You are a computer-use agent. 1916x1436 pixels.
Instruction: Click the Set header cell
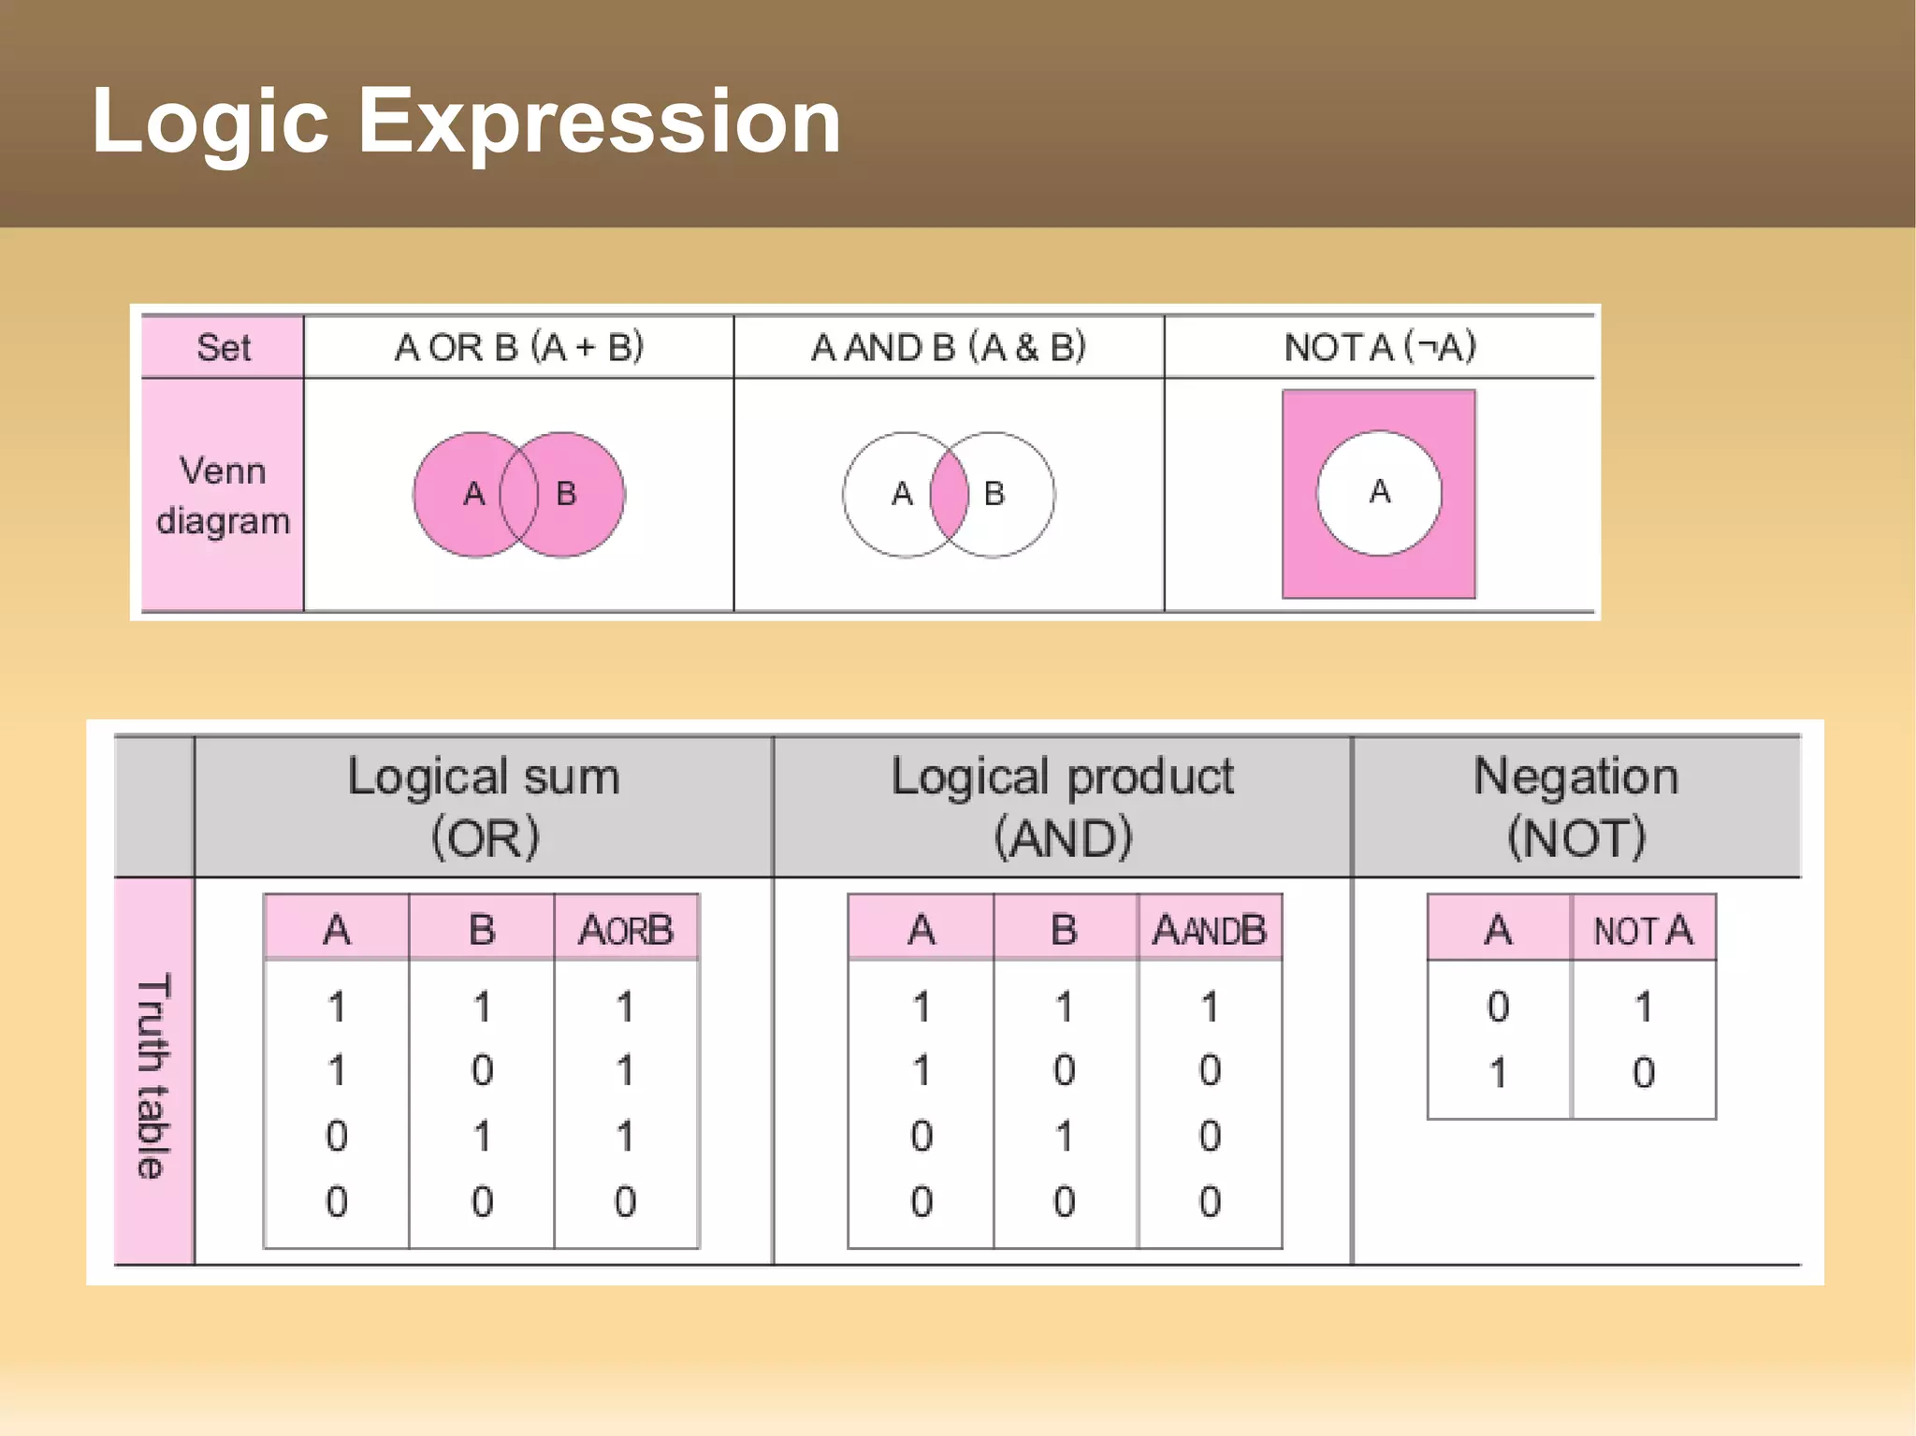point(223,347)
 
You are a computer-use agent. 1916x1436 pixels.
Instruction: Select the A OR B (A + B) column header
point(519,347)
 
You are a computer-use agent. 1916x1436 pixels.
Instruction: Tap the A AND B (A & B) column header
point(948,347)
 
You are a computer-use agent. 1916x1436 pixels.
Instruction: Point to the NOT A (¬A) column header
point(1380,347)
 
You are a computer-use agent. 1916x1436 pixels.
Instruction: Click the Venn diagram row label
point(223,496)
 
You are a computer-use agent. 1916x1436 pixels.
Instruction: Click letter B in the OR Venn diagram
point(566,493)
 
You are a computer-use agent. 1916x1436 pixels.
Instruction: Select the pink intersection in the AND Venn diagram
point(949,494)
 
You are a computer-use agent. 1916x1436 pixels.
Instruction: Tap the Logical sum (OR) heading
point(484,805)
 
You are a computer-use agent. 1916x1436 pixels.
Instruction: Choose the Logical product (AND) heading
point(1062,805)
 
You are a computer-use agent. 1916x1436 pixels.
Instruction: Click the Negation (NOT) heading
point(1575,805)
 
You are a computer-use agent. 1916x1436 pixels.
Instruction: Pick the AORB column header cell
point(625,929)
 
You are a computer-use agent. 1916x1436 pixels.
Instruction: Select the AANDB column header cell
point(1209,929)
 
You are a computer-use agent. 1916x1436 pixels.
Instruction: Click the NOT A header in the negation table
point(1643,929)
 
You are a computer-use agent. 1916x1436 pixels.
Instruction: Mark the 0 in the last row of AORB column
point(625,1201)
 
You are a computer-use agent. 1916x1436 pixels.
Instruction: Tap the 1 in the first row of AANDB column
point(1209,1008)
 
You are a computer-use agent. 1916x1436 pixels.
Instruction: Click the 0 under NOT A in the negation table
point(1643,1072)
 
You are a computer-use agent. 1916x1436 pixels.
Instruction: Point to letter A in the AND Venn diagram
point(901,493)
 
